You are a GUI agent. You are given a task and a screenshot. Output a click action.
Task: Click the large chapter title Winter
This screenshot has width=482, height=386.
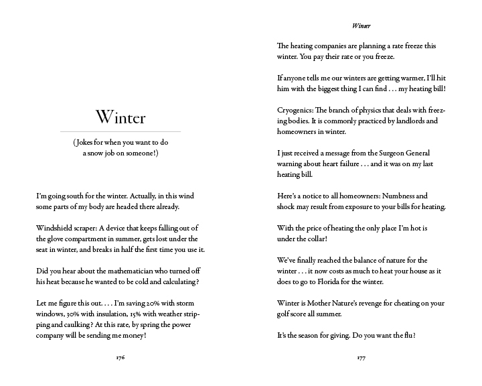[x=120, y=117]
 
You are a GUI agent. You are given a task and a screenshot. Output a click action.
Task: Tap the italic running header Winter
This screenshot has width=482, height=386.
[x=361, y=26]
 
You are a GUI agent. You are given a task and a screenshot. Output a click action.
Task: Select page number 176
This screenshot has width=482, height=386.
[x=120, y=358]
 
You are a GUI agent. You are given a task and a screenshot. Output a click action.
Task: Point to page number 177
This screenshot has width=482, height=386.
[x=361, y=358]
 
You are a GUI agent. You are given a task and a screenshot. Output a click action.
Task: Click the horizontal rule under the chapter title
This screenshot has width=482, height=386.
[x=120, y=131]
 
